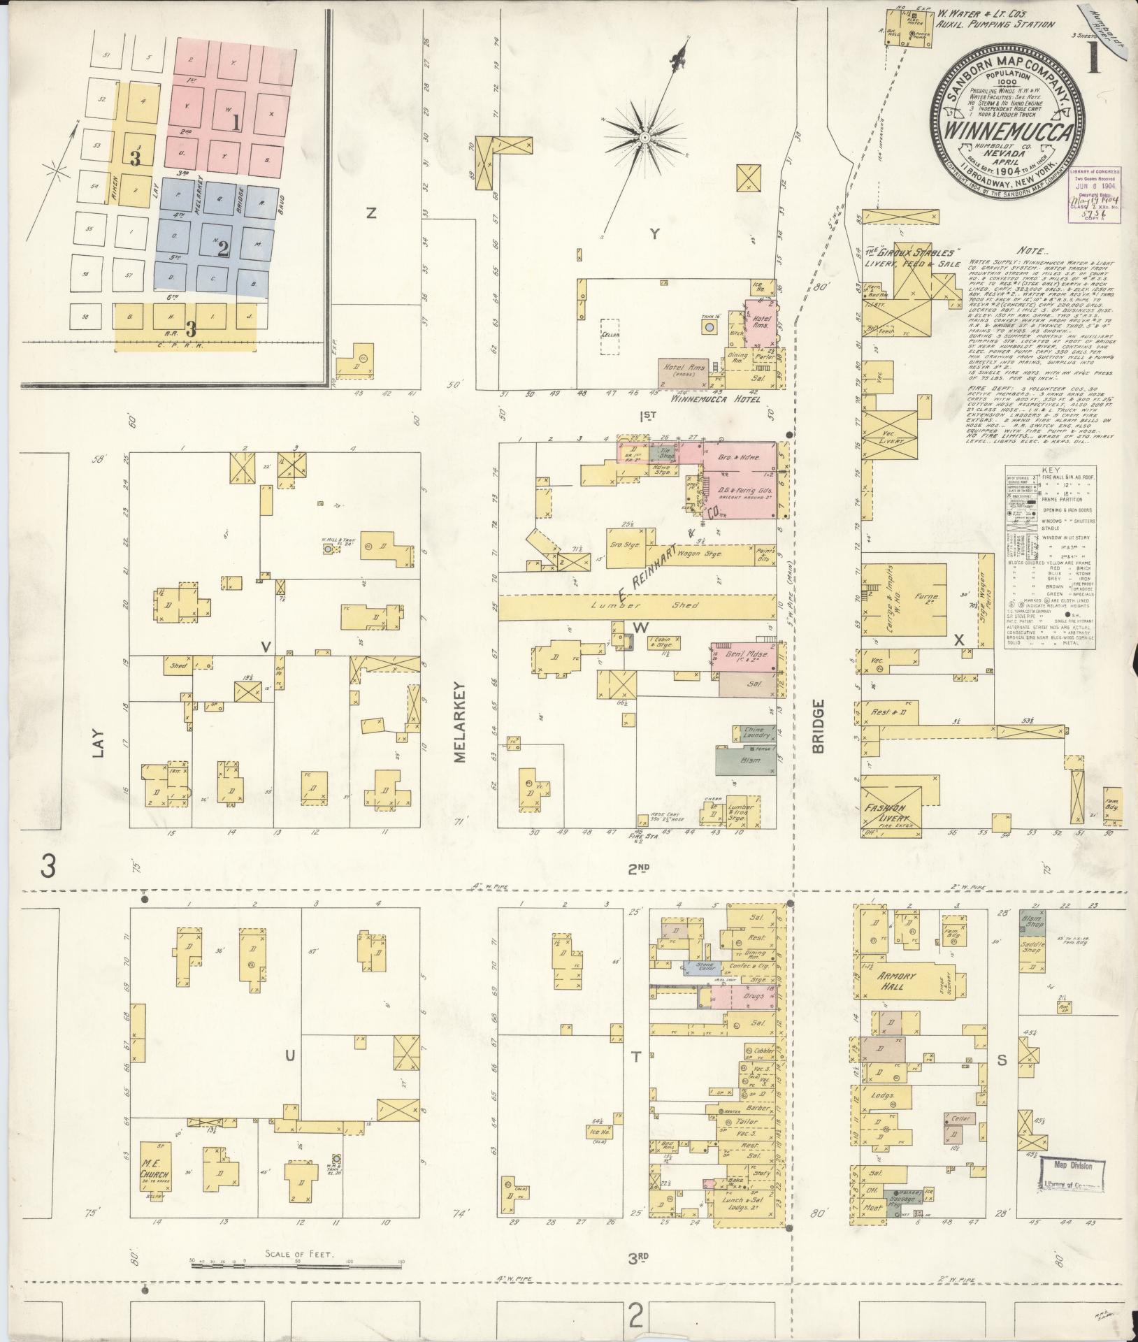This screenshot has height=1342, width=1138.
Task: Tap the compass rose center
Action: [642, 133]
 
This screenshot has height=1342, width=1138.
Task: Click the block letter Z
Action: [371, 215]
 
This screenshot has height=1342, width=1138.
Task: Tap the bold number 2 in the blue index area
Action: [224, 248]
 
